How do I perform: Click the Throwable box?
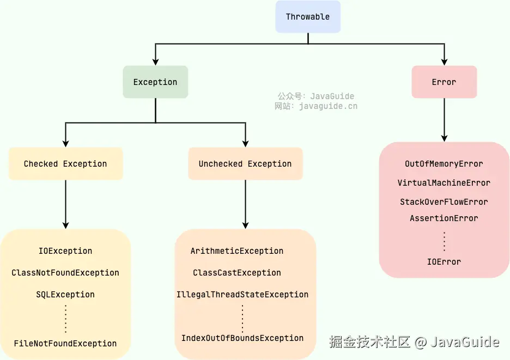click(308, 16)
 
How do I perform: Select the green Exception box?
click(155, 82)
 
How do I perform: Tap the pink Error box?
click(444, 82)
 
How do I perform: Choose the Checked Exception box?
click(65, 163)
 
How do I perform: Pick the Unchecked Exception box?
click(245, 163)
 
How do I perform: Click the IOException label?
click(65, 251)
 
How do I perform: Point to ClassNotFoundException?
click(65, 273)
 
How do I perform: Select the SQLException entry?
click(65, 295)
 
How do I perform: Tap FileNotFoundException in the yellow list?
click(65, 344)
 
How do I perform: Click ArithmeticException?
click(237, 251)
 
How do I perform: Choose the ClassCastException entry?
click(237, 273)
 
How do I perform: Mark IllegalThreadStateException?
click(242, 295)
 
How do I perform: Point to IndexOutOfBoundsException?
click(242, 338)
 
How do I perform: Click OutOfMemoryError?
click(444, 164)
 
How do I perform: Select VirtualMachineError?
click(444, 183)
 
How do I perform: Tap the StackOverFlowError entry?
click(444, 202)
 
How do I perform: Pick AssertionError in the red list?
click(444, 218)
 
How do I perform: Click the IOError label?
click(444, 262)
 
